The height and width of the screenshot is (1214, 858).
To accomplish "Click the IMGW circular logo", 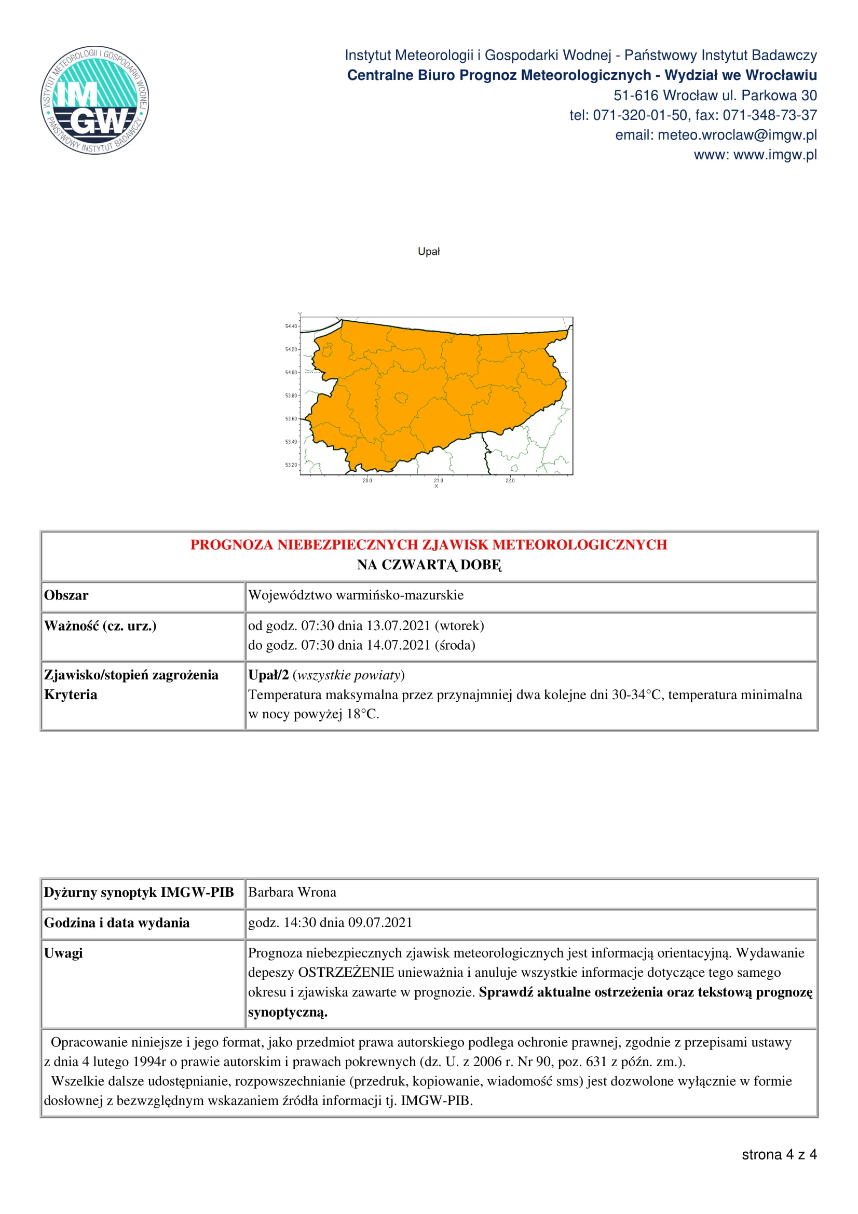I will click(x=95, y=100).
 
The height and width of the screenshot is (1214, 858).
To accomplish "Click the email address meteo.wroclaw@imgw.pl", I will click(x=737, y=135).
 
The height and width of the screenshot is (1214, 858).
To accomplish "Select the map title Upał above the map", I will click(x=429, y=252).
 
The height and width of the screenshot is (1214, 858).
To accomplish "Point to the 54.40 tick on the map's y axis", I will click(x=291, y=326).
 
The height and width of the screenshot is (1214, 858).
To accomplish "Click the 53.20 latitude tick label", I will click(x=291, y=465).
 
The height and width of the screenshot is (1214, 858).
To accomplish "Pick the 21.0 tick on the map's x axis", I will click(x=438, y=480).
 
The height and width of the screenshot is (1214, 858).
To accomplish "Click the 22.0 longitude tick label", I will click(x=510, y=480).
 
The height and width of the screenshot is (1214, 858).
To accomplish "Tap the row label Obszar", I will click(x=66, y=595).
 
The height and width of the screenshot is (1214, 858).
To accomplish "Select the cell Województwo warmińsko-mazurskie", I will click(x=356, y=595).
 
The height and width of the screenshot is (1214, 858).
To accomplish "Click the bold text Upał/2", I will click(x=268, y=675).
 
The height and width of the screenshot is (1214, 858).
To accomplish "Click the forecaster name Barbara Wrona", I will click(x=292, y=892).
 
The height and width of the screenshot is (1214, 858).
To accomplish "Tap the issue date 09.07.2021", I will click(x=380, y=923).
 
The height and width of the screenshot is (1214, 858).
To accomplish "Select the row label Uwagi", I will click(x=63, y=953).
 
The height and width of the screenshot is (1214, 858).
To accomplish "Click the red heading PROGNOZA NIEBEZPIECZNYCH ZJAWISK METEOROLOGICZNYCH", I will click(x=429, y=544).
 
